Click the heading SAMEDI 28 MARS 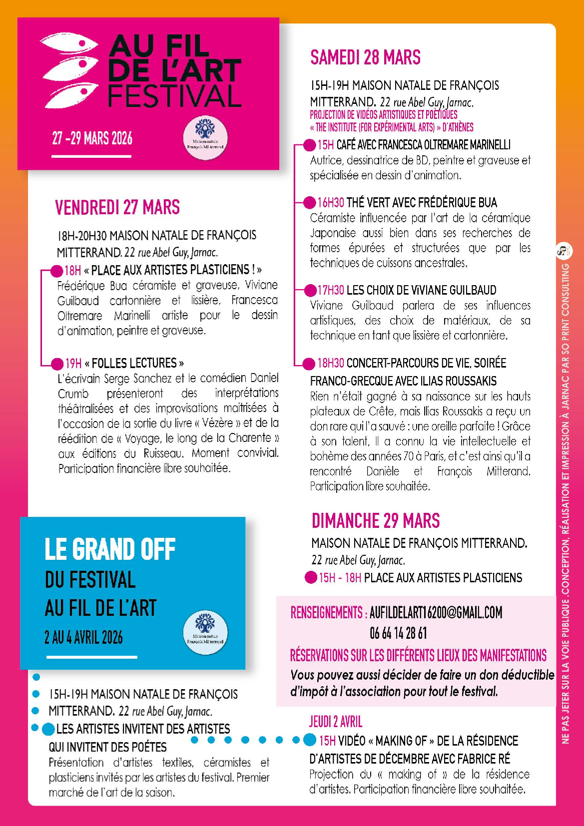[x=365, y=57]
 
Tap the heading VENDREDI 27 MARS [x=117, y=207]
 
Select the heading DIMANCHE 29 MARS [x=376, y=520]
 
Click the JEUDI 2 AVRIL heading [x=336, y=721]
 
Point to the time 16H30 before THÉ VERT [x=331, y=202]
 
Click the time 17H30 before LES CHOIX [x=331, y=290]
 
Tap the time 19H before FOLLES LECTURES [x=73, y=363]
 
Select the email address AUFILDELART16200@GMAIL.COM [x=436, y=612]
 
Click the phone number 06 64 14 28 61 [x=398, y=633]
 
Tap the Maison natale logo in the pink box [x=205, y=138]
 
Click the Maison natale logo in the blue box [x=205, y=633]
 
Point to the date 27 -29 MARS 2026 [x=92, y=138]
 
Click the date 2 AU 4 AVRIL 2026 [x=83, y=637]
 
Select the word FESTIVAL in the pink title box [x=175, y=96]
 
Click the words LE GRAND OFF [x=110, y=549]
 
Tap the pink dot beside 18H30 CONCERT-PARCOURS [x=310, y=364]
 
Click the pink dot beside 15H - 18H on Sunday [x=311, y=578]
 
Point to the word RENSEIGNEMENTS [x=327, y=612]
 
